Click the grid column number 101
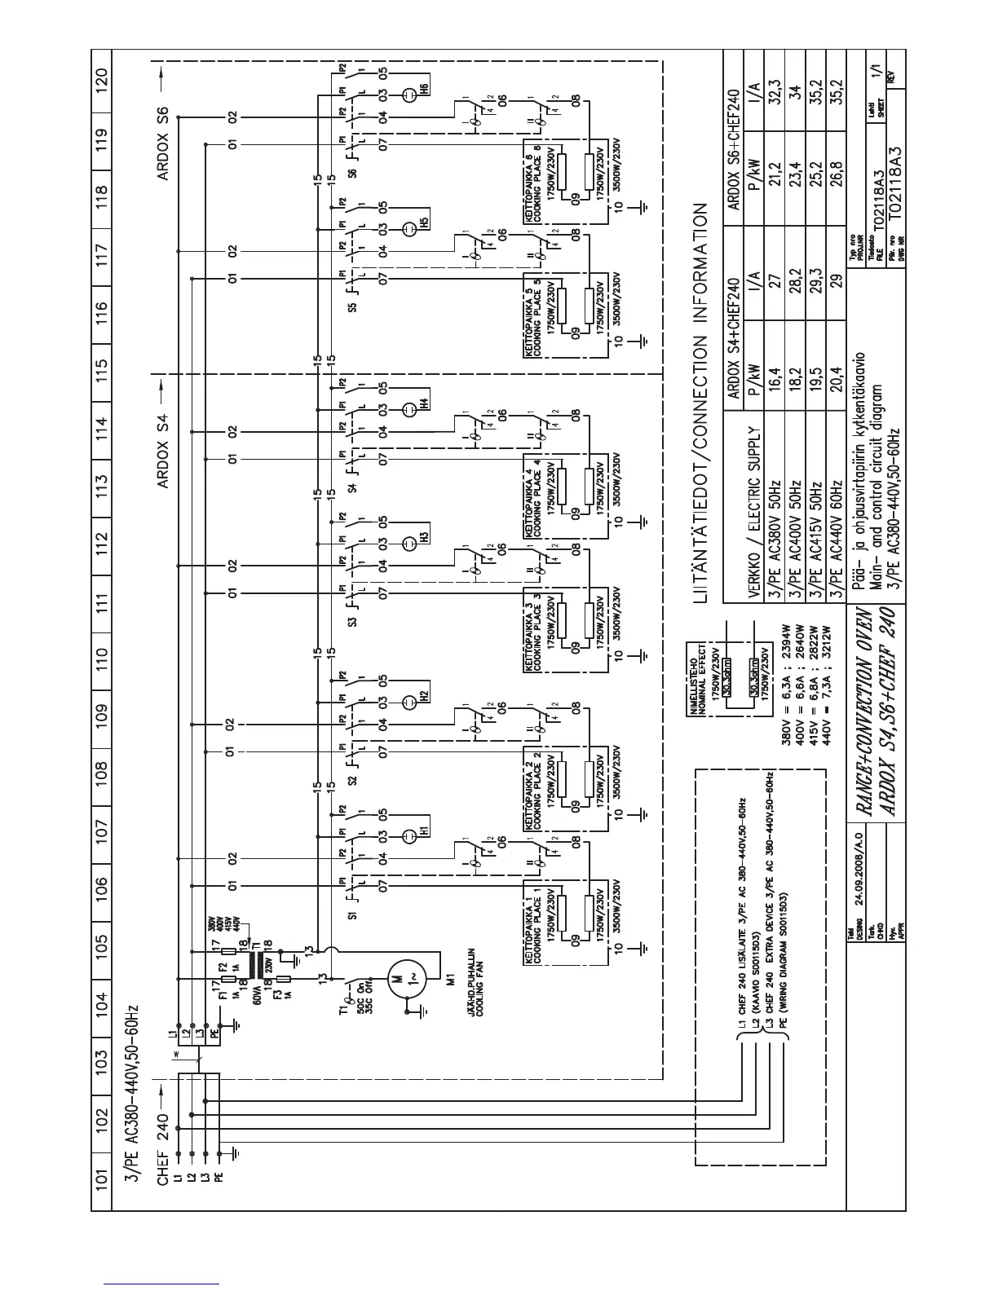[101, 1176]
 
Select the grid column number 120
[101, 82]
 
